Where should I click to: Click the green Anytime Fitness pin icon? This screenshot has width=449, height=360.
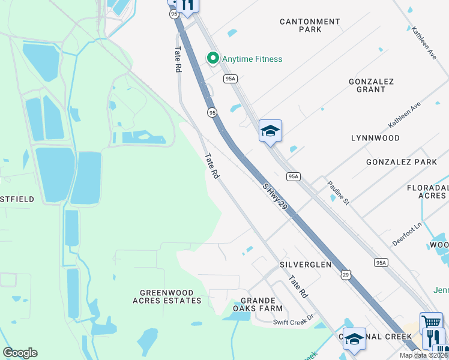pyautogui.click(x=212, y=58)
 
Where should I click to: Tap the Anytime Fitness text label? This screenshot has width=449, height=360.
pyautogui.click(x=252, y=59)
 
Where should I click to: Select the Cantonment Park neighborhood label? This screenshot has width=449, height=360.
pyautogui.click(x=310, y=25)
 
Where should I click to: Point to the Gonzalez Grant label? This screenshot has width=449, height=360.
pyautogui.click(x=371, y=85)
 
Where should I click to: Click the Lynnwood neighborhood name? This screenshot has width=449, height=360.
pyautogui.click(x=375, y=138)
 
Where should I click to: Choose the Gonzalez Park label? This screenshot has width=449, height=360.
pyautogui.click(x=402, y=162)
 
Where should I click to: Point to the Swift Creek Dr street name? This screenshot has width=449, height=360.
pyautogui.click(x=294, y=322)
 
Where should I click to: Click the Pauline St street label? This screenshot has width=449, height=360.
pyautogui.click(x=338, y=192)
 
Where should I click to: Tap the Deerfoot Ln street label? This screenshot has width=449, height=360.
pyautogui.click(x=408, y=232)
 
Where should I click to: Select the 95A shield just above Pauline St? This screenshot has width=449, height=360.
pyautogui.click(x=293, y=176)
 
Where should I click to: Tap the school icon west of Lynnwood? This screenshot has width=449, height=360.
pyautogui.click(x=270, y=131)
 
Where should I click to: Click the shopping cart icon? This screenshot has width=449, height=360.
pyautogui.click(x=431, y=322)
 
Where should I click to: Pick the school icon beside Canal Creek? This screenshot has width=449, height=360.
pyautogui.click(x=354, y=338)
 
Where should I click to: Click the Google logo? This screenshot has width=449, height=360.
pyautogui.click(x=20, y=353)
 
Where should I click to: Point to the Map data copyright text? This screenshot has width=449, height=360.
pyautogui.click(x=424, y=355)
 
